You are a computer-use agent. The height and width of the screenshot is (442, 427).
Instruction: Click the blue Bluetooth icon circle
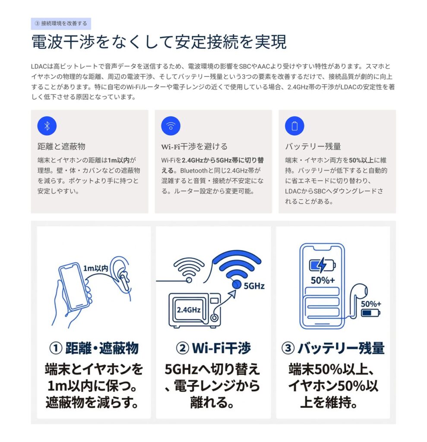47,126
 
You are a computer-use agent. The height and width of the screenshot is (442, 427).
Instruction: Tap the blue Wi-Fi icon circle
171,126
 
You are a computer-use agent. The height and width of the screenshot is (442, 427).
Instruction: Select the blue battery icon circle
294,126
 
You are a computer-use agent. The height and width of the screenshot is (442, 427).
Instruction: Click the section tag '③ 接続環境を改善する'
61,23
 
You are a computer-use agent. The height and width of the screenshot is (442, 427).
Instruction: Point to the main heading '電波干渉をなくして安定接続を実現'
159,42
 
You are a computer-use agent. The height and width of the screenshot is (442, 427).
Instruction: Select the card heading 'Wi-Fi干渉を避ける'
194,146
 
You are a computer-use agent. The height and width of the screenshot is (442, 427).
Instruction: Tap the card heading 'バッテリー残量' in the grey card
313,146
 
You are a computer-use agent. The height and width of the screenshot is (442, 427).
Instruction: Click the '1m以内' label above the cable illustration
96,268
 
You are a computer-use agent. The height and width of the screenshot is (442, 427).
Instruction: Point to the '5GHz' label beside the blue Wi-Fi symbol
254,285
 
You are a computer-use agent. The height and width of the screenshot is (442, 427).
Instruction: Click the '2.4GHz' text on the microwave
188,309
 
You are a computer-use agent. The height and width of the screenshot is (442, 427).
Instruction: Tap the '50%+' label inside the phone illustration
323,280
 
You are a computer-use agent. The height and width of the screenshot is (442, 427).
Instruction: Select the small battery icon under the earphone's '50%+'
370,313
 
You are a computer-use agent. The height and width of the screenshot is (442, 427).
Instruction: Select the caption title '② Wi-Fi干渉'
213,348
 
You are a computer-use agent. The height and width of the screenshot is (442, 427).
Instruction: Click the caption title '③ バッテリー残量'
332,348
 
